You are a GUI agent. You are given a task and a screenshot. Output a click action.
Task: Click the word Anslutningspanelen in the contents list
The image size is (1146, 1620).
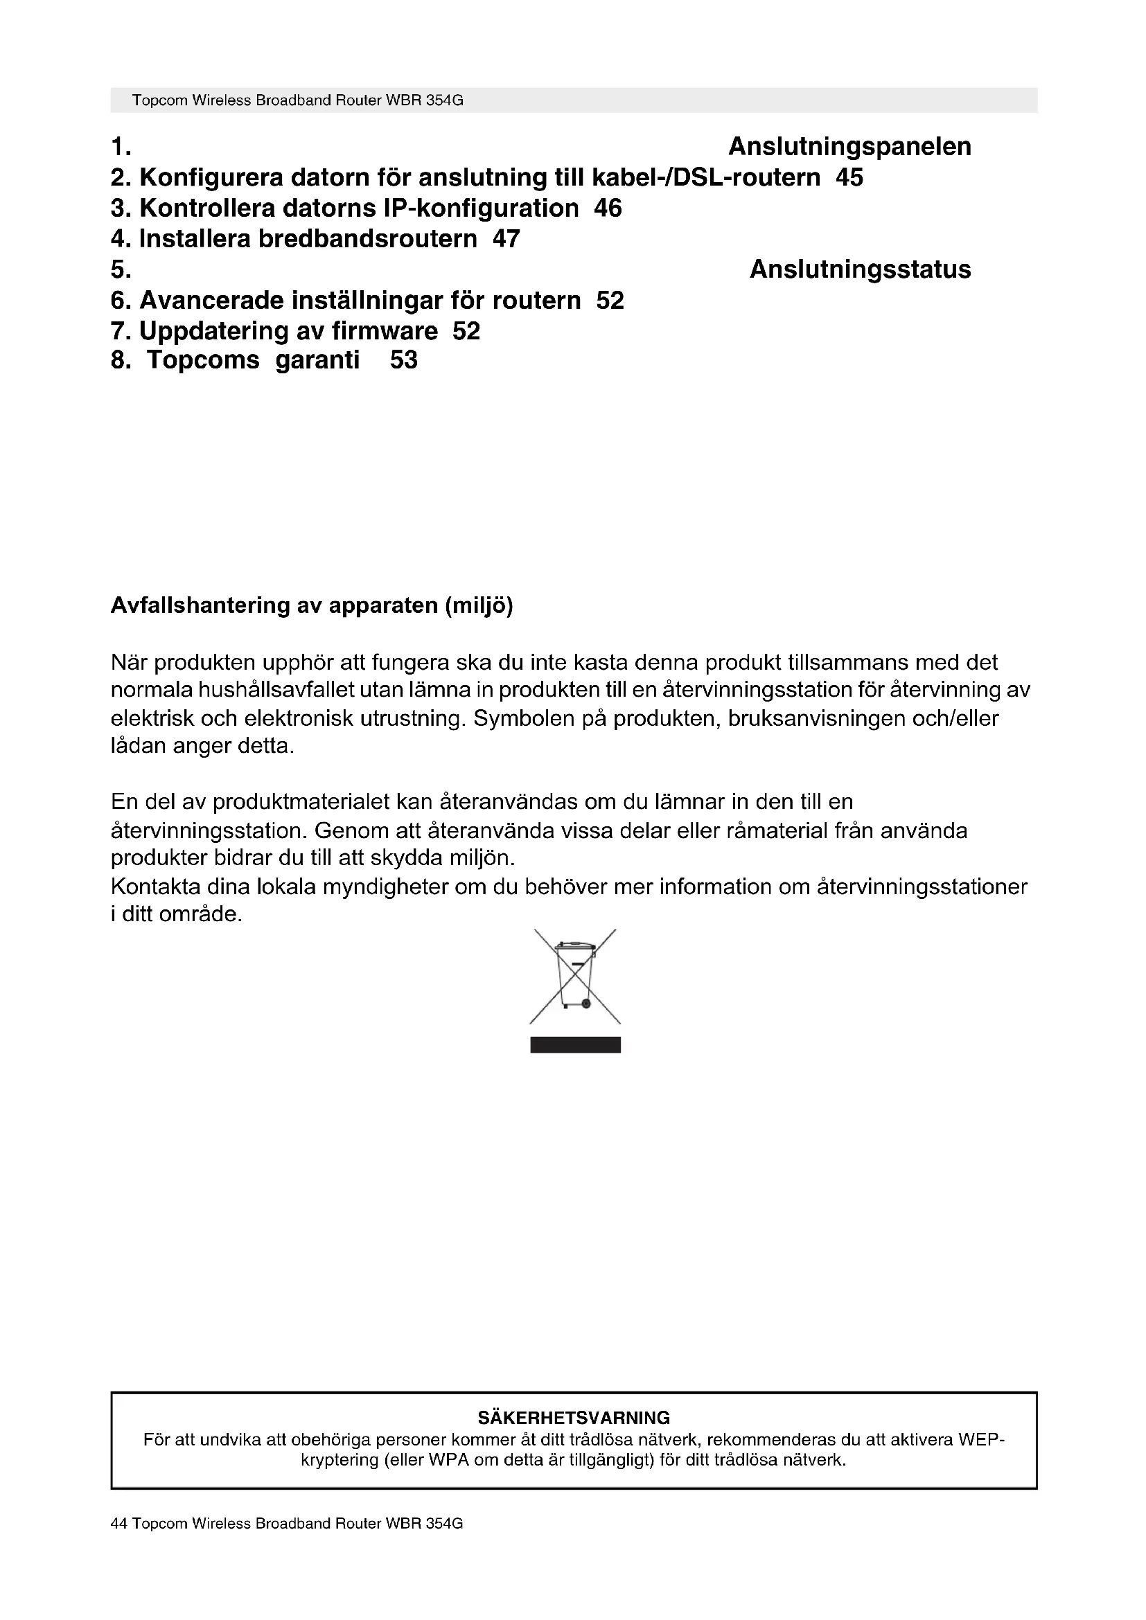tap(849, 147)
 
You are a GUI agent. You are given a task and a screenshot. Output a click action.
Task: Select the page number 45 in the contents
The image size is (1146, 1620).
tap(849, 177)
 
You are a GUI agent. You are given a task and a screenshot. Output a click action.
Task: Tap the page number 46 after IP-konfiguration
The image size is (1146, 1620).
tap(608, 208)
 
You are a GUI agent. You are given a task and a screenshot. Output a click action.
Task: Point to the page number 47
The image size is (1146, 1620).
tap(506, 239)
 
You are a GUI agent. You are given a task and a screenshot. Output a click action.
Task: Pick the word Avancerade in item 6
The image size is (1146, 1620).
tap(211, 301)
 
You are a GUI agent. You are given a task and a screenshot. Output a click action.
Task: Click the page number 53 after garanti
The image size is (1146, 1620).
tap(404, 361)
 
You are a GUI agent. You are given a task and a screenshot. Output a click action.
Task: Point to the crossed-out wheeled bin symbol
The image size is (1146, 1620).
tap(574, 977)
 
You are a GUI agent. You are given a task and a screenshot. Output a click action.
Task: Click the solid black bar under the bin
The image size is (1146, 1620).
tap(575, 1045)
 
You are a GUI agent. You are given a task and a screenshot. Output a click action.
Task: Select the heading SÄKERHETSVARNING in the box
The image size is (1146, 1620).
tap(574, 1418)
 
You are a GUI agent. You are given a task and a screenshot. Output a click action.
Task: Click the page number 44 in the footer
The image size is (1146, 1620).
tap(118, 1523)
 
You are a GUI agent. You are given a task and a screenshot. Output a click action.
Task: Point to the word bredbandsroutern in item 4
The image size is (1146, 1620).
tap(367, 239)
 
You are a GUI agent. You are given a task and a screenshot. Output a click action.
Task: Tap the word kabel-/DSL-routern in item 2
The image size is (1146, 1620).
tap(705, 177)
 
